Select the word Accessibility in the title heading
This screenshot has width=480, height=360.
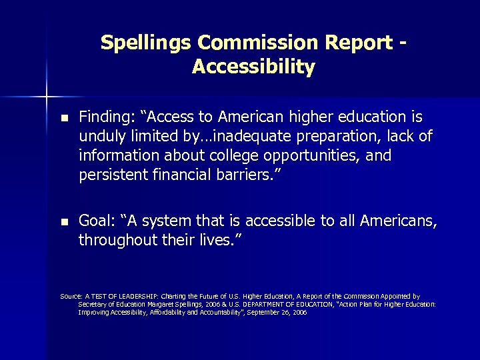coord(253,67)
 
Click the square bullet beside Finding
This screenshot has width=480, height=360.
coord(64,119)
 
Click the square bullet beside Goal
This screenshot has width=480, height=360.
coord(64,221)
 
